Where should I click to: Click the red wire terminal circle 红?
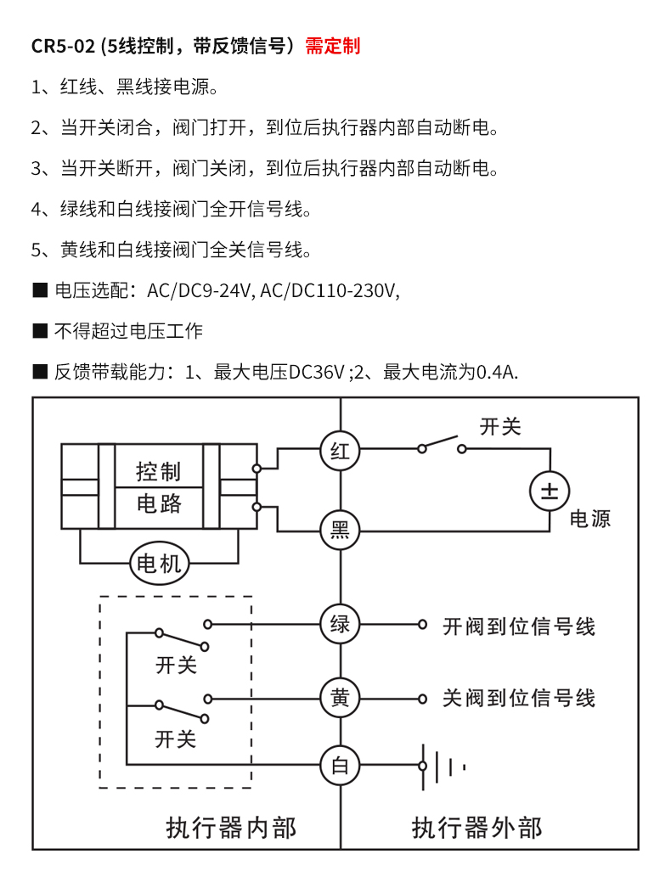340,450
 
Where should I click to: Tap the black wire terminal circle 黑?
340,531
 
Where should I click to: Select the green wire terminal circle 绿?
340,625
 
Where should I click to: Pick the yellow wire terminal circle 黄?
340,699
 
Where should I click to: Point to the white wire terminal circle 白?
340,767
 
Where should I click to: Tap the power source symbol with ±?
550,491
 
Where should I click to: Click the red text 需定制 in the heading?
333,46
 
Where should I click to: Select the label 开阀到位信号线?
519,626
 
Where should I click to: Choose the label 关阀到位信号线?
519,699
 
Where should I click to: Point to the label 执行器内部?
231,827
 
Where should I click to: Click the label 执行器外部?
476,827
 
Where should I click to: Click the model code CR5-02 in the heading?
63,46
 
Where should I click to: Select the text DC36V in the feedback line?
317,372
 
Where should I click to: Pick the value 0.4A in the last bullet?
498,372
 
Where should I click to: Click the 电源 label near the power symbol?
590,519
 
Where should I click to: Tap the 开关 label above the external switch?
500,426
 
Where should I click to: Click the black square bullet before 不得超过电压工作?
39,330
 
